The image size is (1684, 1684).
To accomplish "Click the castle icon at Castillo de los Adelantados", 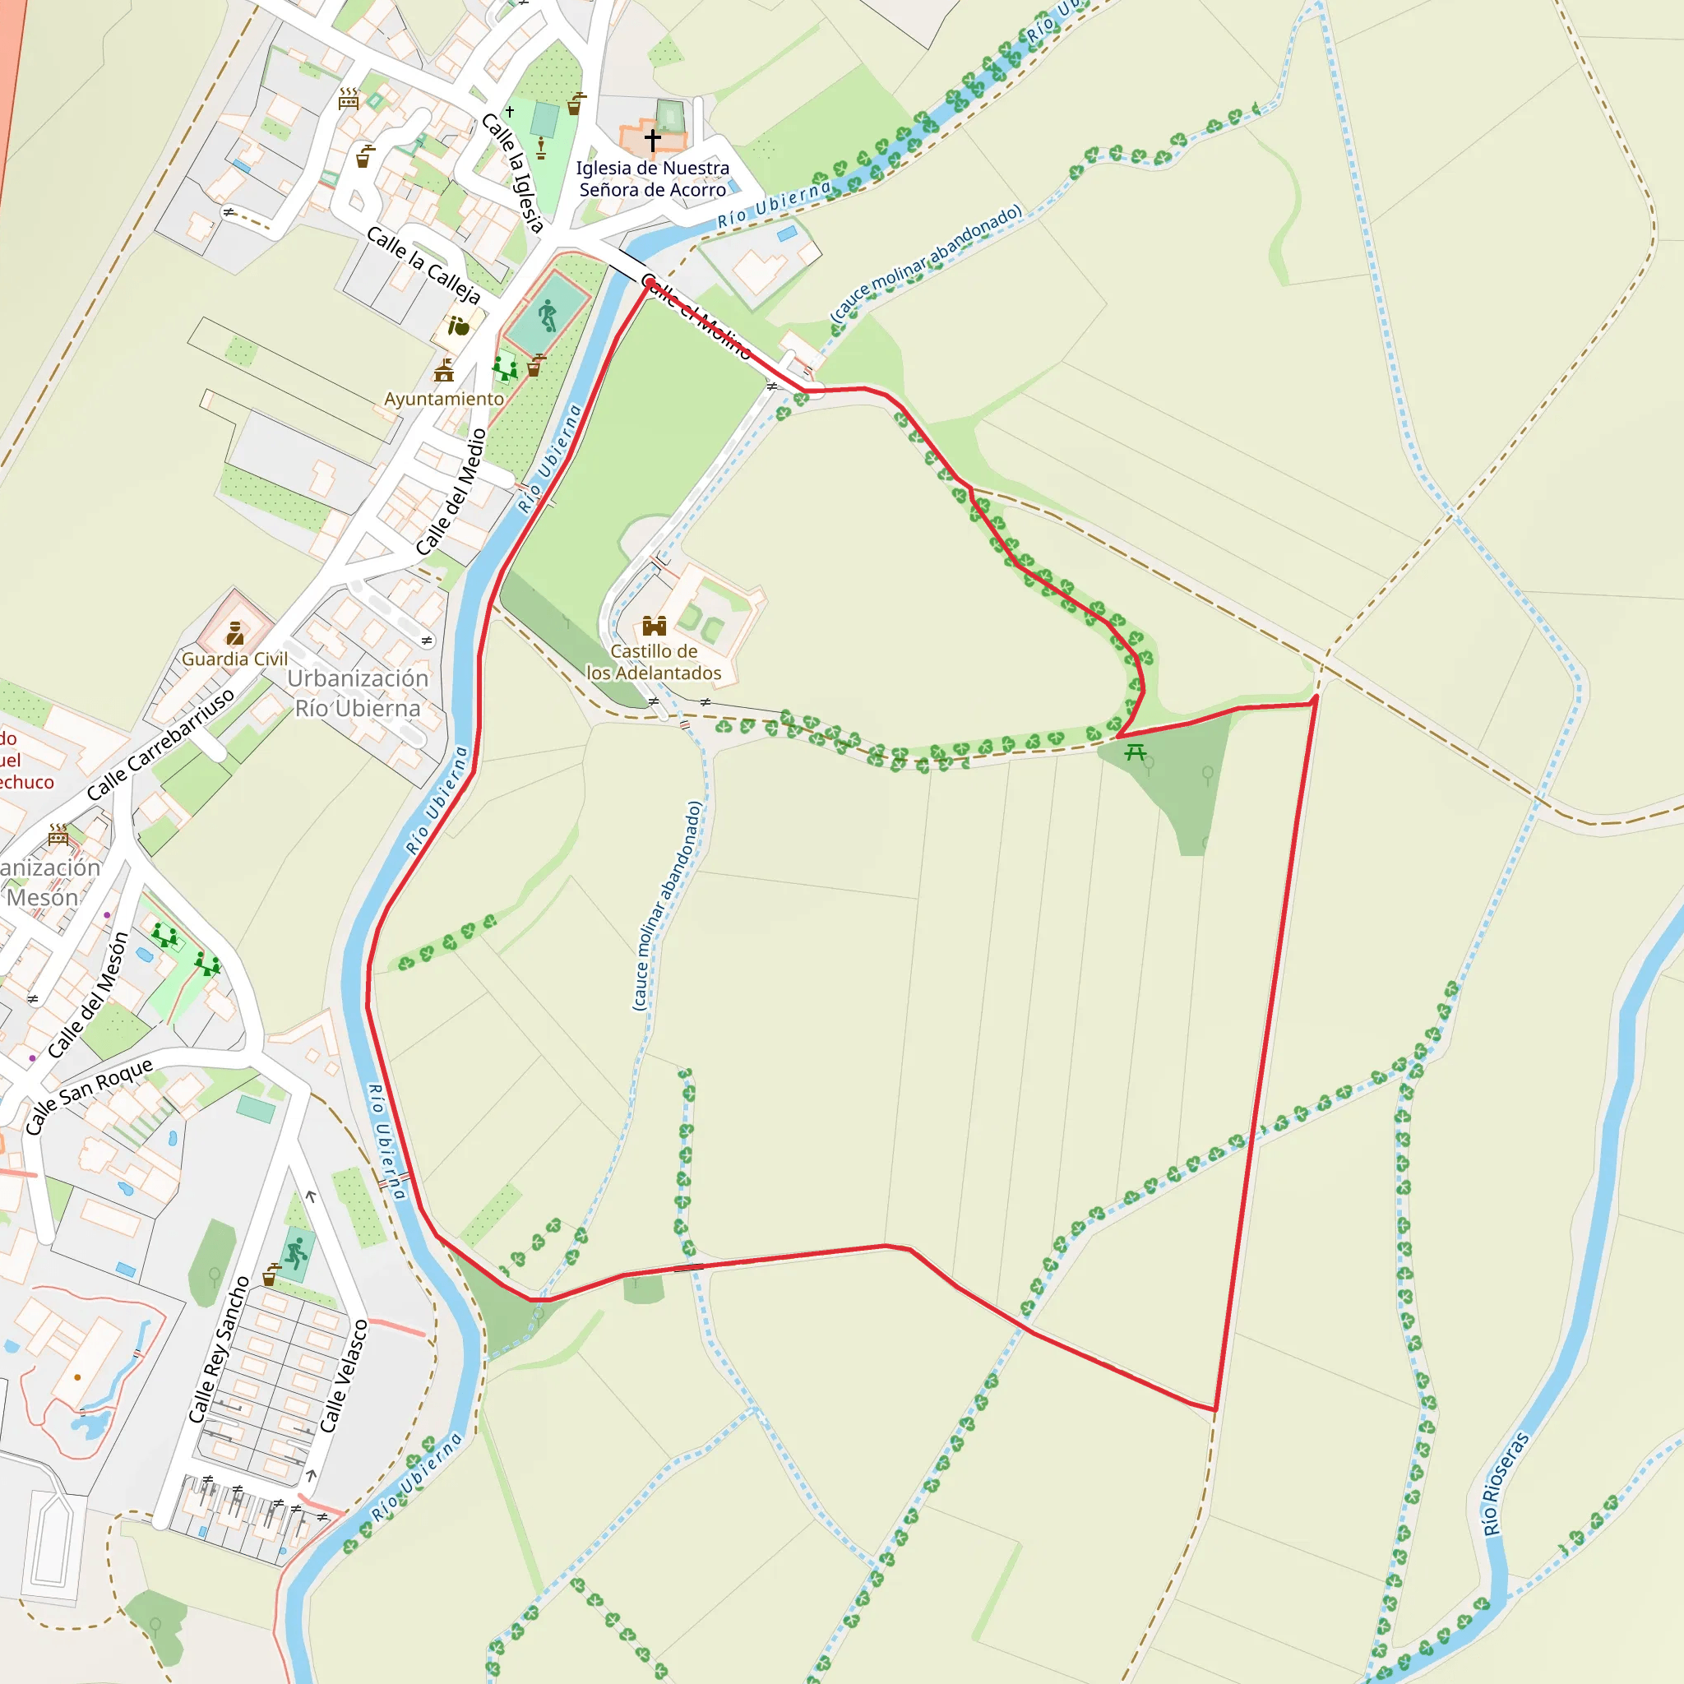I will [x=654, y=626].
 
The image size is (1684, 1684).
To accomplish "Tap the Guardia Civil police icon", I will [x=234, y=633].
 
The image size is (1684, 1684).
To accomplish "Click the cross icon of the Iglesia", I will [x=653, y=139].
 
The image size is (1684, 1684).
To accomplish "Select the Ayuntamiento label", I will [x=444, y=399].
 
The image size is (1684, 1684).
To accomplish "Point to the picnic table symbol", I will [x=1135, y=752].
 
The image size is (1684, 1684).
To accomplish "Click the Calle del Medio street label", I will [x=451, y=493].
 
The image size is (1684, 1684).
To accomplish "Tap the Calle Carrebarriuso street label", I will [x=161, y=743].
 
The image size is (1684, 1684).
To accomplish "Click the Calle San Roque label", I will [x=89, y=1094].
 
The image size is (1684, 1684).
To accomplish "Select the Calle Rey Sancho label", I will [x=220, y=1350].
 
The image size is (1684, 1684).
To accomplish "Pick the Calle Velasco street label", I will [x=345, y=1376].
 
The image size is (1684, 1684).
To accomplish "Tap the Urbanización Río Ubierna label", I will [x=359, y=693].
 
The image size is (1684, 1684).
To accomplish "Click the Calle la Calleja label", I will [x=423, y=265].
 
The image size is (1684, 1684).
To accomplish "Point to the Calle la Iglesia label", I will [x=514, y=173].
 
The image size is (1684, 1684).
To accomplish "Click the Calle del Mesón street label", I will [x=88, y=996].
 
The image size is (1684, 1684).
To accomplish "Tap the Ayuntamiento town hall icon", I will [x=445, y=372].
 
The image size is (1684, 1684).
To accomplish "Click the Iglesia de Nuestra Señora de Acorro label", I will [x=653, y=178].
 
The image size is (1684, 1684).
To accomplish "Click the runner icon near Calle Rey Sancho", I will [x=296, y=1254].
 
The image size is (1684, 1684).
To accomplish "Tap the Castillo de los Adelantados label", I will [x=654, y=662].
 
